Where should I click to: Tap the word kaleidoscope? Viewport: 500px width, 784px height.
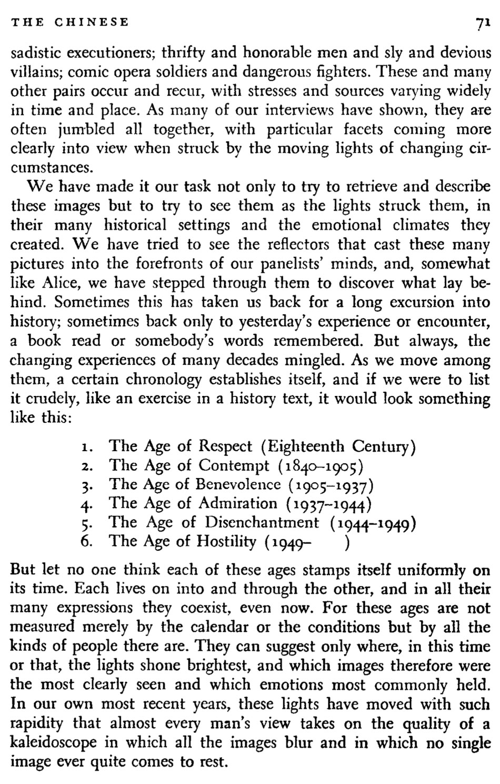click(54, 742)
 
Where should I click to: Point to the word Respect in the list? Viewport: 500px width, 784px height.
click(225, 446)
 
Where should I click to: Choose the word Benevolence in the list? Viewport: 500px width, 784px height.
click(238, 484)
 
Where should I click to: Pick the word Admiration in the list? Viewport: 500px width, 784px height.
click(238, 503)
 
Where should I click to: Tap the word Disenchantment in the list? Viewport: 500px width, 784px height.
click(262, 522)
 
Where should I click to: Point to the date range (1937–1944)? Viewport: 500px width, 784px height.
click(329, 504)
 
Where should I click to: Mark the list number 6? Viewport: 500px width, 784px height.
click(87, 541)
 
